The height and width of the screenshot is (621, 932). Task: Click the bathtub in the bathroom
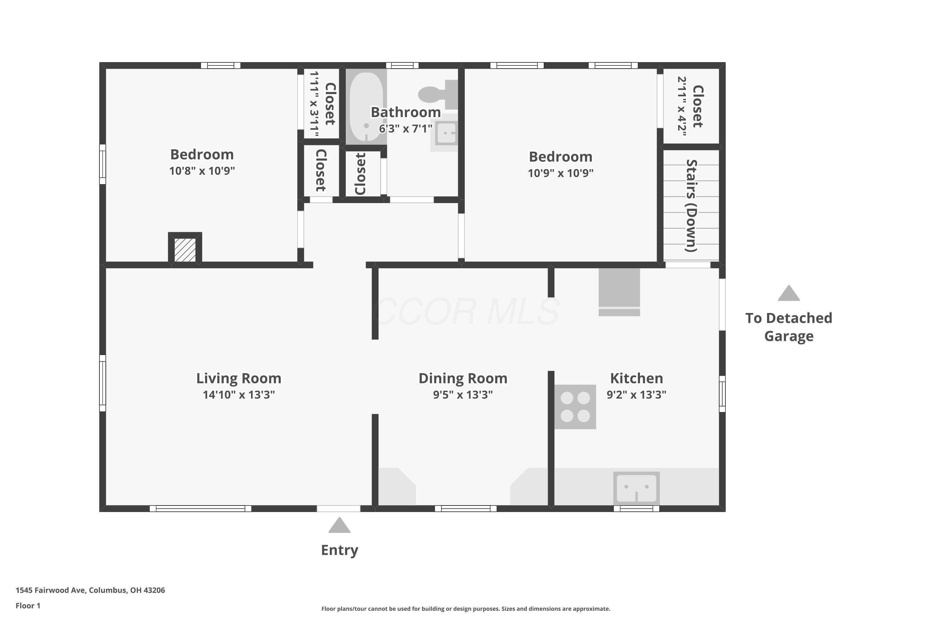tap(367, 107)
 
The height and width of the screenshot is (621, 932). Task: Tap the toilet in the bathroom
tap(438, 95)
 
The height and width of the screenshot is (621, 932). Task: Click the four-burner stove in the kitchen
tap(575, 406)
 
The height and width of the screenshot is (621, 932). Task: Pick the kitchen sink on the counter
tap(636, 488)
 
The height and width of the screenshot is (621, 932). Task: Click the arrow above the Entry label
tap(340, 525)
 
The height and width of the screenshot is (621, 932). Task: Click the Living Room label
tap(239, 378)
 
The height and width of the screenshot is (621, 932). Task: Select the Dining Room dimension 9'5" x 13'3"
tap(463, 394)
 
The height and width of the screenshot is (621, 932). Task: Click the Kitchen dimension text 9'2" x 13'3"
tap(636, 394)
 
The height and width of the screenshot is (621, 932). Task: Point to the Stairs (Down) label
tap(692, 206)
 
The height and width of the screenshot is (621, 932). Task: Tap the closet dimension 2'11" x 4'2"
tap(682, 106)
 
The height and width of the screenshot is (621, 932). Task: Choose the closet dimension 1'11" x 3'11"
tap(314, 104)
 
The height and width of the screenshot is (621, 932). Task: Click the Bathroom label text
tap(406, 112)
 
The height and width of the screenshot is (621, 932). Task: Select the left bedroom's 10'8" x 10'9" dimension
tap(202, 171)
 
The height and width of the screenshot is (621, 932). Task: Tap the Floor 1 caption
tap(28, 605)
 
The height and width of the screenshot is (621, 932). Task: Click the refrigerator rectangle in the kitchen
tap(619, 292)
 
